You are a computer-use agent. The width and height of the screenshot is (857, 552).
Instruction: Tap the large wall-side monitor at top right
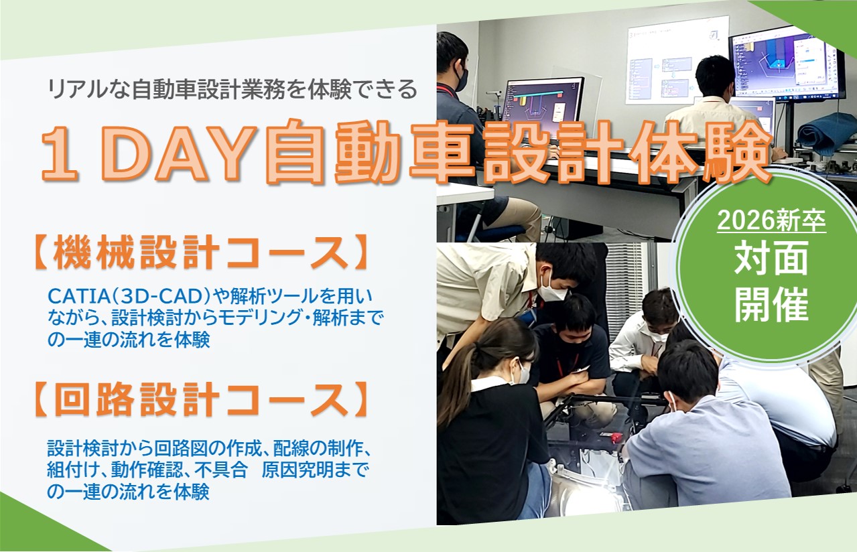785,64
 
